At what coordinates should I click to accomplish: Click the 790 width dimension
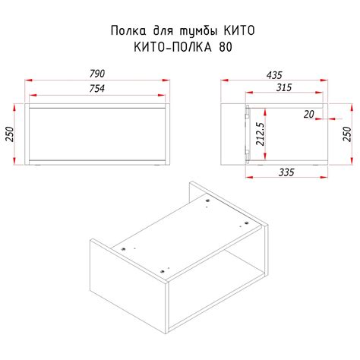[x=96, y=74]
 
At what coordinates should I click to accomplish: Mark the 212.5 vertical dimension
[x=261, y=134]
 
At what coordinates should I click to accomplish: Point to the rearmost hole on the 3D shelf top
[x=207, y=201]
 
